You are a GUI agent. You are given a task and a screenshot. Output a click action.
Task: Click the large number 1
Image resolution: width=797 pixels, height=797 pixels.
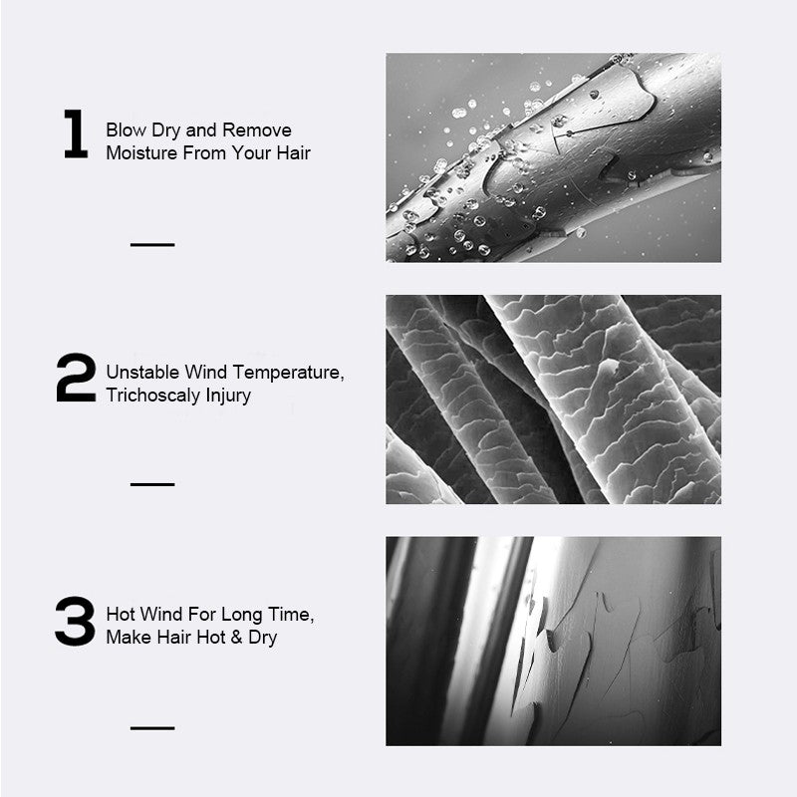(x=77, y=133)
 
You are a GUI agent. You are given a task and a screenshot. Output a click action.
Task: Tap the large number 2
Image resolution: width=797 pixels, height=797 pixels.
(x=76, y=378)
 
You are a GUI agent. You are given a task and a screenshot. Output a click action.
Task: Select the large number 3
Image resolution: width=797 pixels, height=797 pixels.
(x=75, y=621)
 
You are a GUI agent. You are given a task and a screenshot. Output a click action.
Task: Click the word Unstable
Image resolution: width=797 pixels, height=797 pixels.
(x=142, y=372)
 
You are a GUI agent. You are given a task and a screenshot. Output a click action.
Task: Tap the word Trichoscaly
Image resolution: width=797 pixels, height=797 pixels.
(x=153, y=396)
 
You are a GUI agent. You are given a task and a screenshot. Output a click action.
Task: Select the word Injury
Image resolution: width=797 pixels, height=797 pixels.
(x=228, y=396)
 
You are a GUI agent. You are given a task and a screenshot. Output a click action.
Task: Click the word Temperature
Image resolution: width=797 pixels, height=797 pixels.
(x=288, y=373)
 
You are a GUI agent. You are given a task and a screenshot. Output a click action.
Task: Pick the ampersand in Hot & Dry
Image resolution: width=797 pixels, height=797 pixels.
(x=236, y=637)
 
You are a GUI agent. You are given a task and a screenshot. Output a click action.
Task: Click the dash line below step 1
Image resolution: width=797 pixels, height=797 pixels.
(x=152, y=244)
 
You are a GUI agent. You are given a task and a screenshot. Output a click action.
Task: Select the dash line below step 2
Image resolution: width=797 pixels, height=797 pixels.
(x=152, y=484)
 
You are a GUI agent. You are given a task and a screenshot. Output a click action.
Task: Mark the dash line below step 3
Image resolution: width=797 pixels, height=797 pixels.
(x=152, y=728)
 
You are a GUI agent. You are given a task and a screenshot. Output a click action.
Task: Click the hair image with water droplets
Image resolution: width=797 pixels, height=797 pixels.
(x=553, y=157)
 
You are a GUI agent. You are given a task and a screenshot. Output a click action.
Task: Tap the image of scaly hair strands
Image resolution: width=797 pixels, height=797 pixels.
(x=553, y=399)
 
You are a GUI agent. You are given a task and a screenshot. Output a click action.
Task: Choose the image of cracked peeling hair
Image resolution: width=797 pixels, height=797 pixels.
(x=553, y=642)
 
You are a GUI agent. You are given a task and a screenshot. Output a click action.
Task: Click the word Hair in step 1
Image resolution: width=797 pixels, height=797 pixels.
(x=293, y=152)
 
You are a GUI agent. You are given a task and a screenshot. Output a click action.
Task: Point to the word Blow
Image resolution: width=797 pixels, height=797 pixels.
(x=127, y=130)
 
